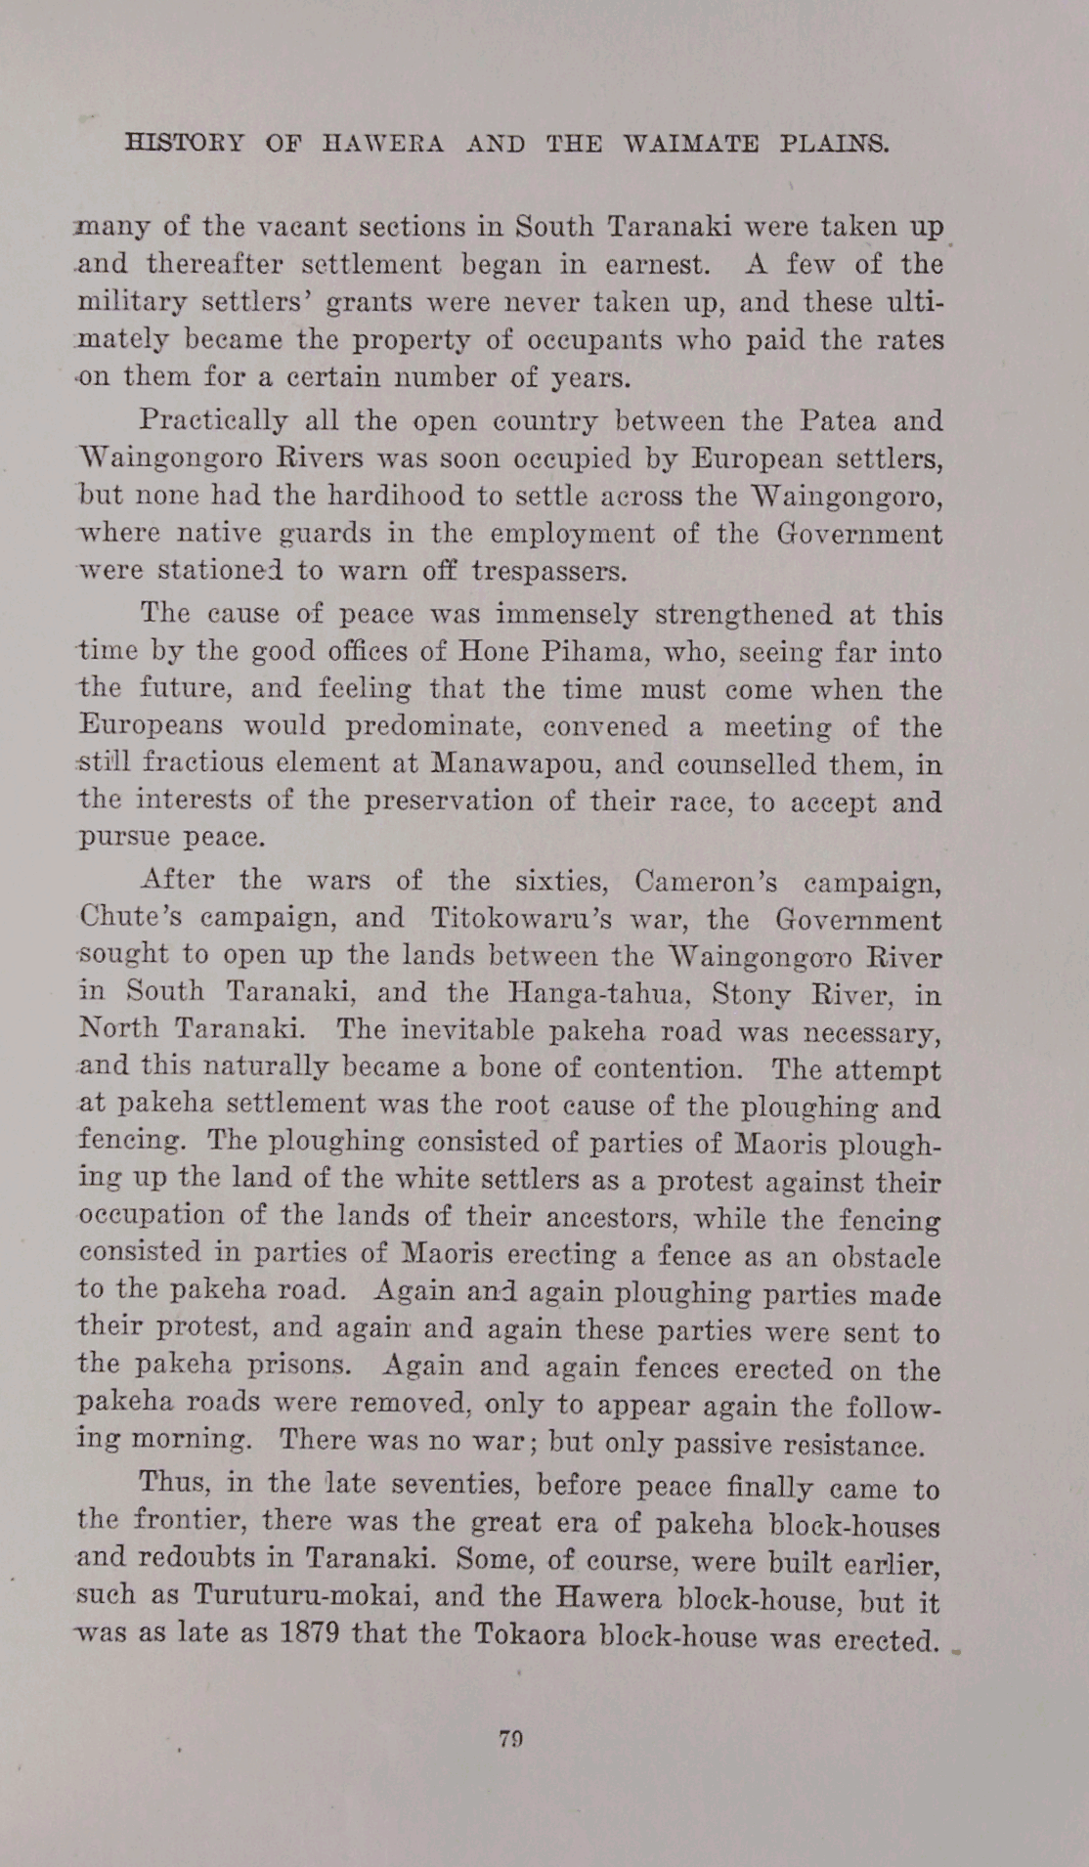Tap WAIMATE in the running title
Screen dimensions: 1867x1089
pos(690,145)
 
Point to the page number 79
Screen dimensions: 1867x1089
pos(511,1739)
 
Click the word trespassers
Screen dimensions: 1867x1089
pos(547,571)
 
